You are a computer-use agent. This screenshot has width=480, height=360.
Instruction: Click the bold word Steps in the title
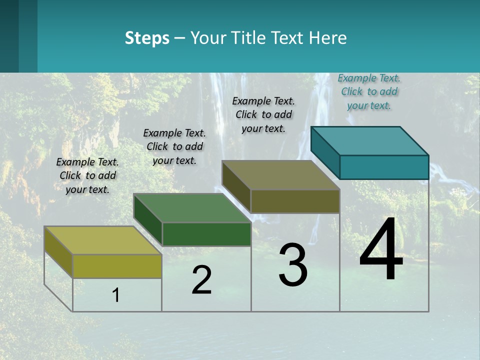(147, 38)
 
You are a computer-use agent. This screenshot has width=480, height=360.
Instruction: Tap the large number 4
(381, 249)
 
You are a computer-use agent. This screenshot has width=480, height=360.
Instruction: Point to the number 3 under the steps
(293, 265)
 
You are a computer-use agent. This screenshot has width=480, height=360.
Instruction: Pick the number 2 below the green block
(201, 280)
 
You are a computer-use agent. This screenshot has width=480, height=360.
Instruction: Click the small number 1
(115, 295)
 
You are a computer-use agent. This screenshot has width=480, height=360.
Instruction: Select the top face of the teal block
(370, 140)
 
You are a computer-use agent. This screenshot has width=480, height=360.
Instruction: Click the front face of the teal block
(384, 167)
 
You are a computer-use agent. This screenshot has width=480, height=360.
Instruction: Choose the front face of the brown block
(295, 201)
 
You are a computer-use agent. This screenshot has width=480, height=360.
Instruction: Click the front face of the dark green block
(206, 234)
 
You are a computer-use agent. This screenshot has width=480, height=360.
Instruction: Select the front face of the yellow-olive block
(117, 266)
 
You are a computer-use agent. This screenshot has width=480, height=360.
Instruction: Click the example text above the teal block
(369, 91)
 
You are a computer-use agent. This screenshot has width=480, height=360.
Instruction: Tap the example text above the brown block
(263, 114)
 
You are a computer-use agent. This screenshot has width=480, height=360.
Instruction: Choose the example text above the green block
(174, 146)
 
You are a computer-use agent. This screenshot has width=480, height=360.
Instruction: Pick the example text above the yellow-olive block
(87, 175)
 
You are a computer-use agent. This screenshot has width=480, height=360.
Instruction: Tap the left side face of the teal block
(325, 152)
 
